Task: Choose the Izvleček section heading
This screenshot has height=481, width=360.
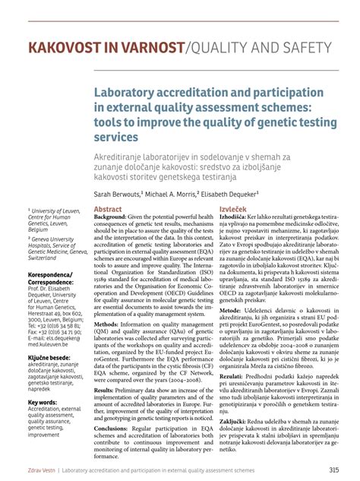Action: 232,209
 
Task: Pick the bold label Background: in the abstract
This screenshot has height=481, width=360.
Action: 111,217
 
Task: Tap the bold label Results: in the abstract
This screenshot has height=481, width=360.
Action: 104,390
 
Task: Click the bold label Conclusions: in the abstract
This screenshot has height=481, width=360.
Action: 111,427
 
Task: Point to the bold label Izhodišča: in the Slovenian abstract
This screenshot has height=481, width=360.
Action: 232,217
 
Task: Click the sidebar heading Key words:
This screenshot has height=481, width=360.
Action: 43,402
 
